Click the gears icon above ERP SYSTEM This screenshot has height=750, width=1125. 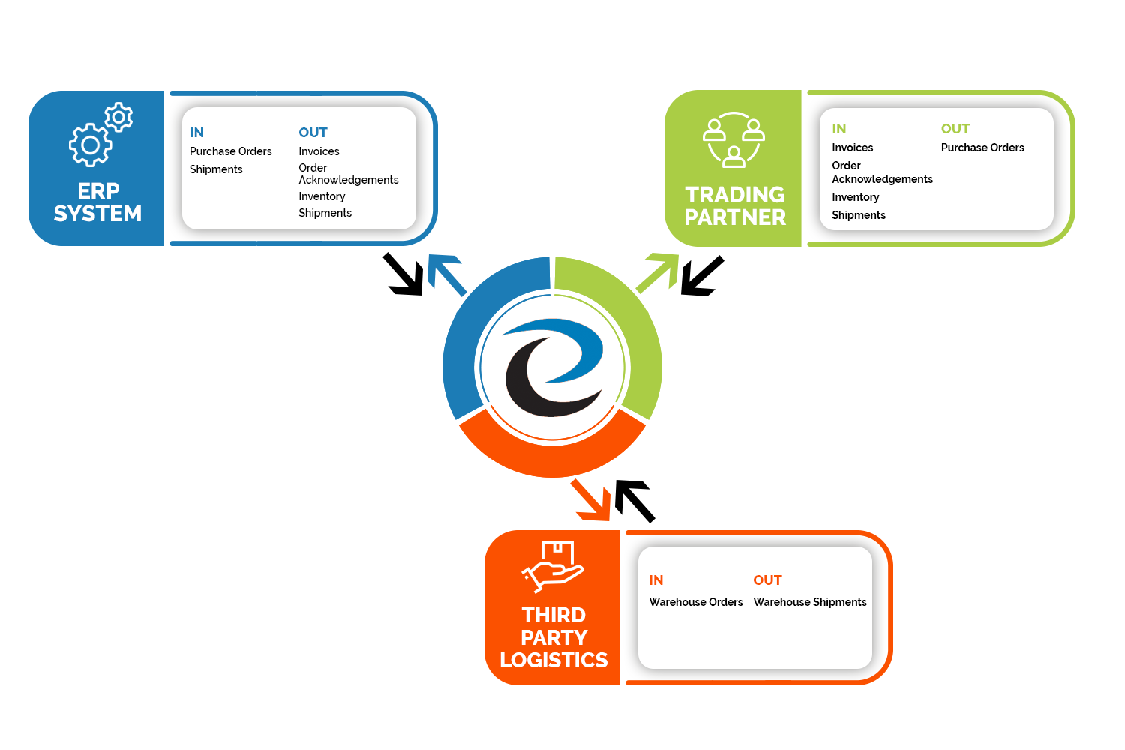pos(100,136)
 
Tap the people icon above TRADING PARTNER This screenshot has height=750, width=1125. pos(733,140)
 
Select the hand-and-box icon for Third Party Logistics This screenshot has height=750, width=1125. pos(553,566)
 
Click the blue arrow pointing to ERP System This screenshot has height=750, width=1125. pos(445,274)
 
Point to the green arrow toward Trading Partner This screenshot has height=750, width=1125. pos(658,272)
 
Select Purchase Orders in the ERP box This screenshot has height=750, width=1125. pos(231,151)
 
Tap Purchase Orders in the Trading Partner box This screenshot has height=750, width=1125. pos(982,148)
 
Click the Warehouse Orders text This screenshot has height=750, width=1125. pos(696,602)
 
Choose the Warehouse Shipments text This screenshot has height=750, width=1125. pos(810,602)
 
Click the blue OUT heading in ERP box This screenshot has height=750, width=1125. pos(313,133)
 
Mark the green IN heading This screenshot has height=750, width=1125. pos(839,129)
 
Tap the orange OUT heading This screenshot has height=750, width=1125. pos(767,580)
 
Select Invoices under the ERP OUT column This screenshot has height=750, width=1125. pos(319,151)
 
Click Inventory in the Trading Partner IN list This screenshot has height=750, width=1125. pos(855,197)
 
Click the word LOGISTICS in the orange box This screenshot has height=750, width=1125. pos(553,660)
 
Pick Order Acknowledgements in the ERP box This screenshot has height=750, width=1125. pos(348,174)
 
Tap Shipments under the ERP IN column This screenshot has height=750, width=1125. pos(216,169)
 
